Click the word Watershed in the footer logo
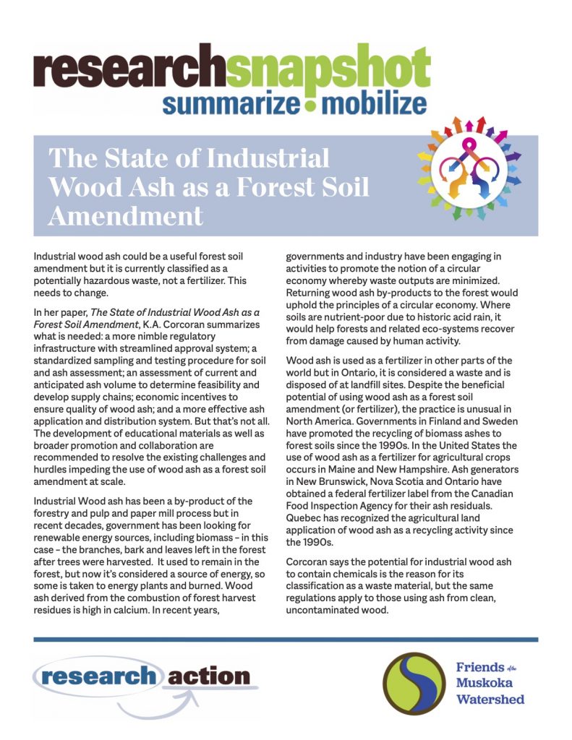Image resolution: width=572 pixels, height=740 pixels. (490, 699)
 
